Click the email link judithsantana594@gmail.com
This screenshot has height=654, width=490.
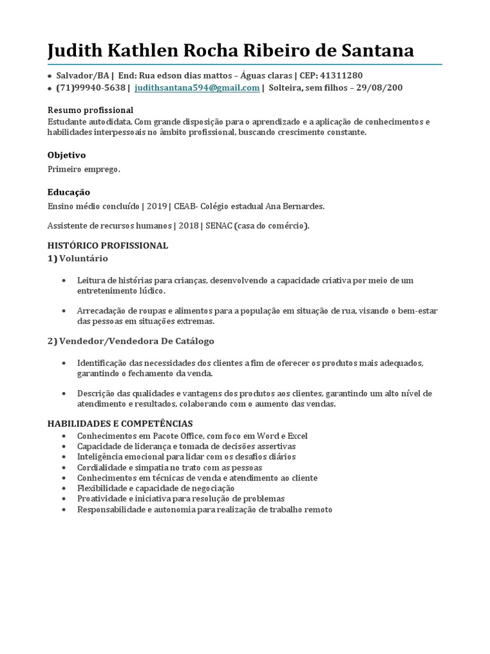(x=197, y=88)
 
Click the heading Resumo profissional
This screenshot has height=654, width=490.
(x=91, y=110)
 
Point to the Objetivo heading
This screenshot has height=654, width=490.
(x=66, y=155)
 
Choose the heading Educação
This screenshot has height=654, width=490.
(x=69, y=192)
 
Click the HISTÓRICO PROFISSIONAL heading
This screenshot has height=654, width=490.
(x=108, y=245)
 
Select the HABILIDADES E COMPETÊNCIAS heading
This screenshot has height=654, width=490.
(x=120, y=423)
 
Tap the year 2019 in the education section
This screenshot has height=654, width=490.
(x=156, y=206)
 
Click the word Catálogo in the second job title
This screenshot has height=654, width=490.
(x=189, y=341)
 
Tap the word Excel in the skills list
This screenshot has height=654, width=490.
(x=297, y=436)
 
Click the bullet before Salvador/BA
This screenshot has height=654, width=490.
(x=50, y=76)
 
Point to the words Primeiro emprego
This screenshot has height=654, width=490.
(x=84, y=169)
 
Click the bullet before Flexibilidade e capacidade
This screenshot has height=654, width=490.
(x=64, y=488)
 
